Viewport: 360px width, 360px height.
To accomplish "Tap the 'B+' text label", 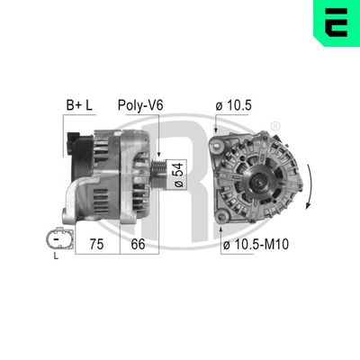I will tap(71, 105).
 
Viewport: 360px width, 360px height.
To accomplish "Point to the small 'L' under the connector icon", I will tap(55, 256).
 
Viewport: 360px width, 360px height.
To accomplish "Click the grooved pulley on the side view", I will tap(158, 171).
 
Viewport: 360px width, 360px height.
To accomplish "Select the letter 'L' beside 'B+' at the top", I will tap(89, 105).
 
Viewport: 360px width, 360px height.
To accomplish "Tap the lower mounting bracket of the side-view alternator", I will tap(72, 213).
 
